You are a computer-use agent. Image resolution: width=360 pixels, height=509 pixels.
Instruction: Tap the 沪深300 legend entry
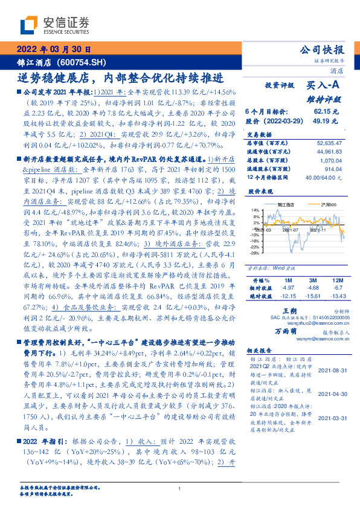coord(315,206)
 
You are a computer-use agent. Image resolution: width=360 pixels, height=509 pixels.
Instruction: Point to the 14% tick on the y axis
coord(256,210)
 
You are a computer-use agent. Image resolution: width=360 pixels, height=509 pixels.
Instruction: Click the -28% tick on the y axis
coord(255,253)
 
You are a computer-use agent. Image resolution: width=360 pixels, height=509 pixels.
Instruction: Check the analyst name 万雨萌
coord(287,332)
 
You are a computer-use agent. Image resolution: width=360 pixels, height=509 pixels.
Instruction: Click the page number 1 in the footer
coord(180,490)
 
